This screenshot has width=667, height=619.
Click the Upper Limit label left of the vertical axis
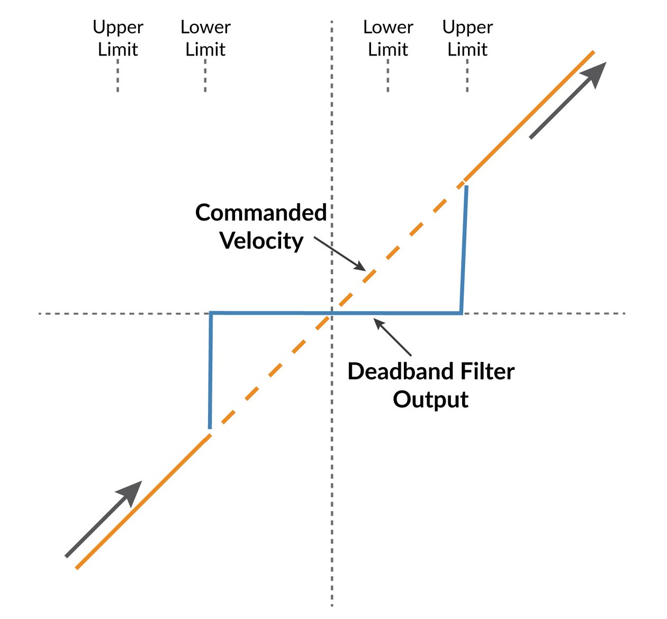tap(118, 38)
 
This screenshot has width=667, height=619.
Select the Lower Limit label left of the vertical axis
tap(205, 38)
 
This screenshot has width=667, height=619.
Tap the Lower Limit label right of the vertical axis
tap(388, 38)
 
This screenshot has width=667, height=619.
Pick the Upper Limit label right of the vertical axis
tap(467, 38)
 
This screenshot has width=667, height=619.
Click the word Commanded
tap(261, 213)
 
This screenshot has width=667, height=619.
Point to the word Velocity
tap(262, 241)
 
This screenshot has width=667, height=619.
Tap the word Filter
tap(488, 371)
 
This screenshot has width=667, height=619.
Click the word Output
tap(430, 399)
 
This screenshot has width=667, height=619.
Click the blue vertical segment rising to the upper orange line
tap(464, 249)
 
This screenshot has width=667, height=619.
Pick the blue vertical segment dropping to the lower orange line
tap(210, 370)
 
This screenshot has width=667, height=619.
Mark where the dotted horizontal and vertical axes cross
tap(332, 314)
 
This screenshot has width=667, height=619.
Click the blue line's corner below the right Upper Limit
tap(462, 313)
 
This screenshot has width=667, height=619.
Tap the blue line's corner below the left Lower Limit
tap(211, 313)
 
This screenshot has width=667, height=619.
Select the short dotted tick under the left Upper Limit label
tap(118, 76)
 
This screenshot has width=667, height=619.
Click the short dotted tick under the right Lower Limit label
tap(388, 76)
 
